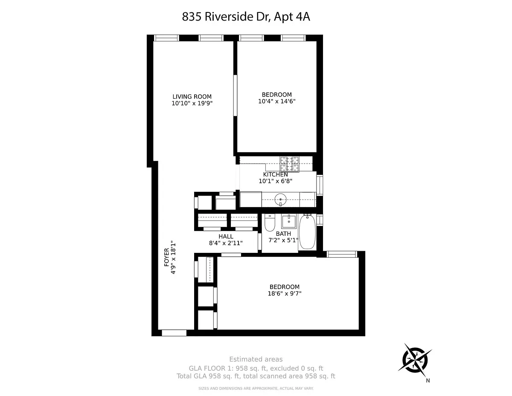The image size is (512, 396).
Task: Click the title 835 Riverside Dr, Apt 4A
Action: (246, 17)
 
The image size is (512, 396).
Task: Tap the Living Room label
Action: (192, 97)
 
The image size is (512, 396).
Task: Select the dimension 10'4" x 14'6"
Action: (276, 101)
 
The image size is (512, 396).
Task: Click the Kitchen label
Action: (275, 175)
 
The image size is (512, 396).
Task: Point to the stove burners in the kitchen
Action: (289, 164)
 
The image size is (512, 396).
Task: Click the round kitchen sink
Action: (280, 199)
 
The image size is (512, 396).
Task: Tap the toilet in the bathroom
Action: (270, 223)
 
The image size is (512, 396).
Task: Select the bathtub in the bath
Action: (307, 232)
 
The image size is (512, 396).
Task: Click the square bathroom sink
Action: (288, 221)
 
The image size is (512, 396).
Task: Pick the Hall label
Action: (226, 236)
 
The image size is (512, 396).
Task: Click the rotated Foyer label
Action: (166, 257)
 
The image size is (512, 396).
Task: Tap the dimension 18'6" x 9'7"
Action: (285, 293)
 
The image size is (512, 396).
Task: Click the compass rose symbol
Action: (415, 360)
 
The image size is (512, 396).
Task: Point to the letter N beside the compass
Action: (428, 381)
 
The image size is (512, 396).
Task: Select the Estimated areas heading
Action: (256, 359)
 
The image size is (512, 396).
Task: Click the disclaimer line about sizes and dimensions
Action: (256, 388)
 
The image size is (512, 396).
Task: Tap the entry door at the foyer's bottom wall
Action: (174, 333)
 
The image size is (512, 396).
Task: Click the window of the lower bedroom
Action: (341, 254)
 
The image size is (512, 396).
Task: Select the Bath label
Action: (283, 234)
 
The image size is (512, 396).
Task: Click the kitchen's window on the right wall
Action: (320, 185)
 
